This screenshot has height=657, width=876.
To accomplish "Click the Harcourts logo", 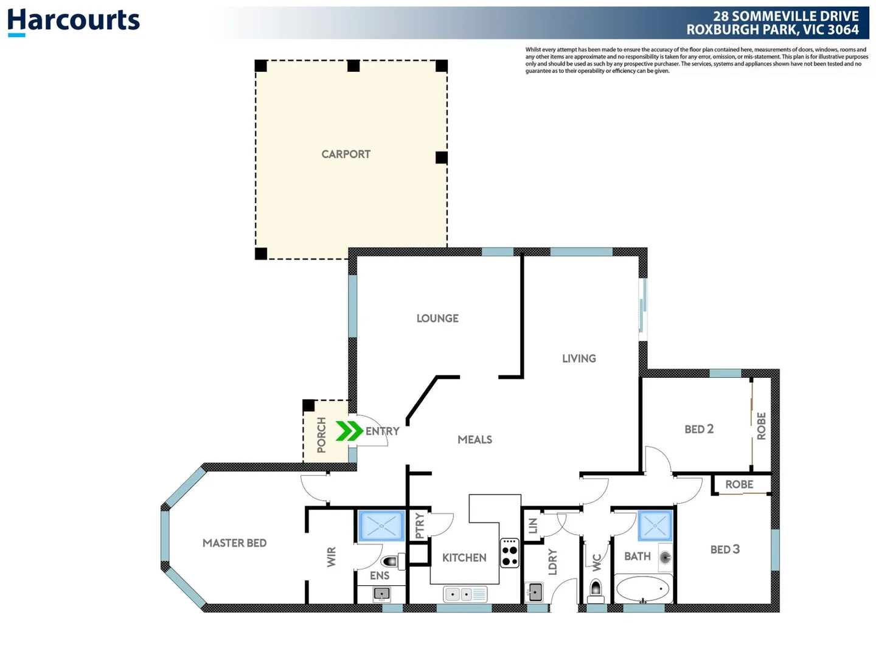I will pyautogui.click(x=74, y=21).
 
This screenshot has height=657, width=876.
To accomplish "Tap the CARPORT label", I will pyautogui.click(x=346, y=155).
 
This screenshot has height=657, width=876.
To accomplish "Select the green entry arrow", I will pyautogui.click(x=349, y=431).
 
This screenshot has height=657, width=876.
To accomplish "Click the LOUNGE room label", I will pyautogui.click(x=437, y=318).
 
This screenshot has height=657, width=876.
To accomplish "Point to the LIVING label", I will pyautogui.click(x=579, y=358).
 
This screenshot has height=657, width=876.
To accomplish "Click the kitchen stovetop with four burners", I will pyautogui.click(x=510, y=553).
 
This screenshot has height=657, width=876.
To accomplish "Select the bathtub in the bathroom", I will pyautogui.click(x=643, y=589).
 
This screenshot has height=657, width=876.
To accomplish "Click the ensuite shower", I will pyautogui.click(x=381, y=526).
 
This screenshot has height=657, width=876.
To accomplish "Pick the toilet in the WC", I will pyautogui.click(x=596, y=588).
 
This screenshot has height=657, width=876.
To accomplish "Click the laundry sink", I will pyautogui.click(x=535, y=592).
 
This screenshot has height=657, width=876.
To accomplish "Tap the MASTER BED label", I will pyautogui.click(x=234, y=543).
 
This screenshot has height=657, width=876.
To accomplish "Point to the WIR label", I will pyautogui.click(x=332, y=557).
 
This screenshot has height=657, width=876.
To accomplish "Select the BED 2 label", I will pyautogui.click(x=699, y=429).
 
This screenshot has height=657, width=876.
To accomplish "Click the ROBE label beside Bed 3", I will pyautogui.click(x=739, y=484).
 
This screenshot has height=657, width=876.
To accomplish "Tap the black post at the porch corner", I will pyautogui.click(x=308, y=405).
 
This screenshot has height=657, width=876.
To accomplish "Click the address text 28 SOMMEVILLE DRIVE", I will pyautogui.click(x=786, y=16).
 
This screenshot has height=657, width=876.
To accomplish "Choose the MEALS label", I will pyautogui.click(x=474, y=439).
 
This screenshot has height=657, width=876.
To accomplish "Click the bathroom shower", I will pyautogui.click(x=655, y=526).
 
